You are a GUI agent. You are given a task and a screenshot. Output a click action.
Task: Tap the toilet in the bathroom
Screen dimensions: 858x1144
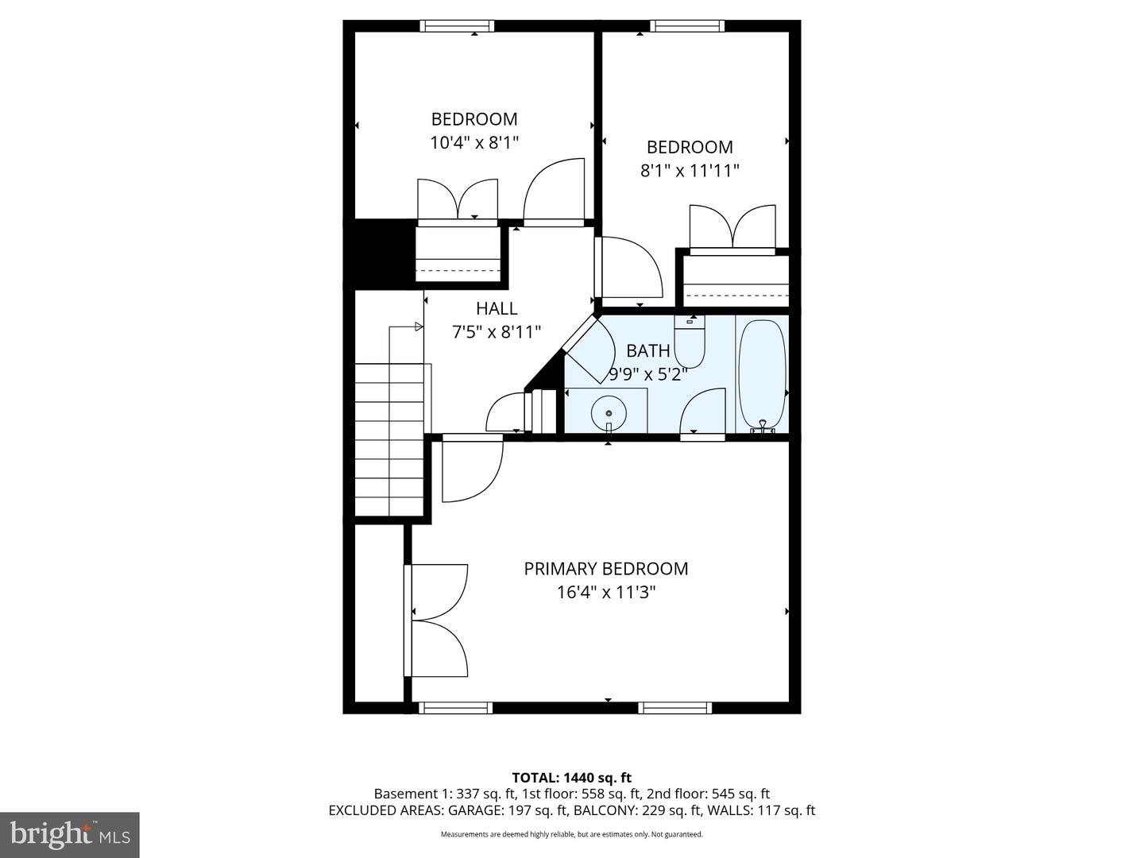tap(689, 342)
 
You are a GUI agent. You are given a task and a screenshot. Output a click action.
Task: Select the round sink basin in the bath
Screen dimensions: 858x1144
tap(609, 413)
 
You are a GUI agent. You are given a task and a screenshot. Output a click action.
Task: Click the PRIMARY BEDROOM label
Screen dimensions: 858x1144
tap(606, 569)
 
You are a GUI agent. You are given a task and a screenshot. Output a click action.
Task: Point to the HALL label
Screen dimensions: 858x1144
tap(497, 308)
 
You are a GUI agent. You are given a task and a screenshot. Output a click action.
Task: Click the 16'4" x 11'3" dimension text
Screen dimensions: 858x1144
tap(606, 593)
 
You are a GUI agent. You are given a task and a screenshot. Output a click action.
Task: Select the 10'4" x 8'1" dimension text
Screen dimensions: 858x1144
tap(474, 143)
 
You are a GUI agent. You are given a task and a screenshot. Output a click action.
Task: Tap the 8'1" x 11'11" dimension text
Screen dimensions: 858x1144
tap(690, 171)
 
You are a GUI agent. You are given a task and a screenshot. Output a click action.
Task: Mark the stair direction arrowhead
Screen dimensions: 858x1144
tap(419, 327)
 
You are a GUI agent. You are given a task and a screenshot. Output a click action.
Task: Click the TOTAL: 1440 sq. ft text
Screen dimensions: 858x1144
tap(572, 778)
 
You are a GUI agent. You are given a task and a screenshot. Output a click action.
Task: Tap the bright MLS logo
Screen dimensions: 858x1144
tap(70, 834)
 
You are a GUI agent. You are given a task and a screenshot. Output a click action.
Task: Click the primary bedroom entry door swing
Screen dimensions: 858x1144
tap(473, 470)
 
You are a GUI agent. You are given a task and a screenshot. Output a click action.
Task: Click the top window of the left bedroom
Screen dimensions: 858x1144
tap(457, 26)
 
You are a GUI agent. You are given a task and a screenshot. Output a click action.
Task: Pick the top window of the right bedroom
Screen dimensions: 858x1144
tap(687, 26)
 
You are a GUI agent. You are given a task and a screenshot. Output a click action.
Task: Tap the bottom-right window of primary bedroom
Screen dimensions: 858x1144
tap(674, 708)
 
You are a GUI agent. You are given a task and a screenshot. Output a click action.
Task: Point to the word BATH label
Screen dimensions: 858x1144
tap(648, 350)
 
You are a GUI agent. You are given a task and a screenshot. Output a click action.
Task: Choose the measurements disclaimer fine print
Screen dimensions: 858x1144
tap(572, 834)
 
